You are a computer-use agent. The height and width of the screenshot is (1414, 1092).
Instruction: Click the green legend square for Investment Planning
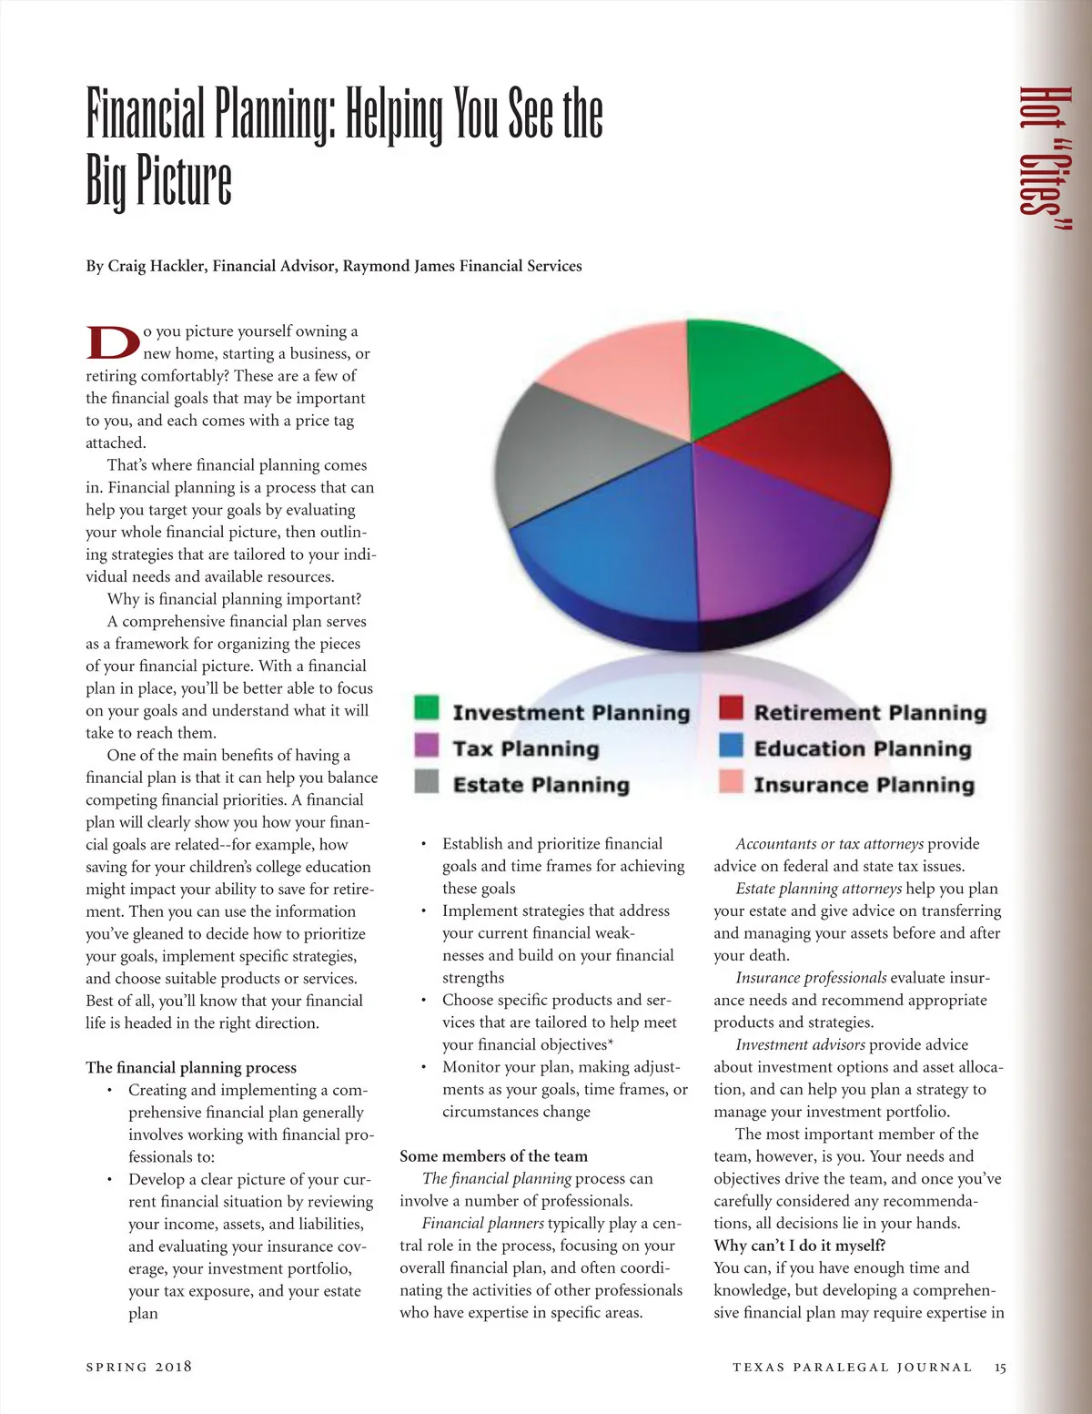pos(426,707)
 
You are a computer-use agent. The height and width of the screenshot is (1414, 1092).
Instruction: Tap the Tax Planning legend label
pos(526,748)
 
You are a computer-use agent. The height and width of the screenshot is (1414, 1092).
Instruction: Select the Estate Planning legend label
pos(541,785)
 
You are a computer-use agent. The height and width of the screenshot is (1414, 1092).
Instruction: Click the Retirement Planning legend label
pos(869,712)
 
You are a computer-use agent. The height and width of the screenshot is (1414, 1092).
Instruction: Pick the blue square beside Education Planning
pos(731,745)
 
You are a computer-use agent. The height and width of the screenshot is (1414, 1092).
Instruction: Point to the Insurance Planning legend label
pos(864,785)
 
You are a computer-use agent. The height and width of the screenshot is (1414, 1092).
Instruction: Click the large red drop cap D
pos(113,342)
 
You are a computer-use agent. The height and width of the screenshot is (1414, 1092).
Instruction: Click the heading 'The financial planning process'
pos(191,1067)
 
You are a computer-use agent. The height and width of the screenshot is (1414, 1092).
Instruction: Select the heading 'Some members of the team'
pos(493,1156)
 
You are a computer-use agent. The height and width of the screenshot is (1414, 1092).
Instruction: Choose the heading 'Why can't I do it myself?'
pos(799,1246)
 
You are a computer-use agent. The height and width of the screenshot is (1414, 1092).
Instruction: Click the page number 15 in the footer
pos(1000,1367)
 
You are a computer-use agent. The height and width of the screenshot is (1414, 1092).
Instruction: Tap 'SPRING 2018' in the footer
pos(138,1367)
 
